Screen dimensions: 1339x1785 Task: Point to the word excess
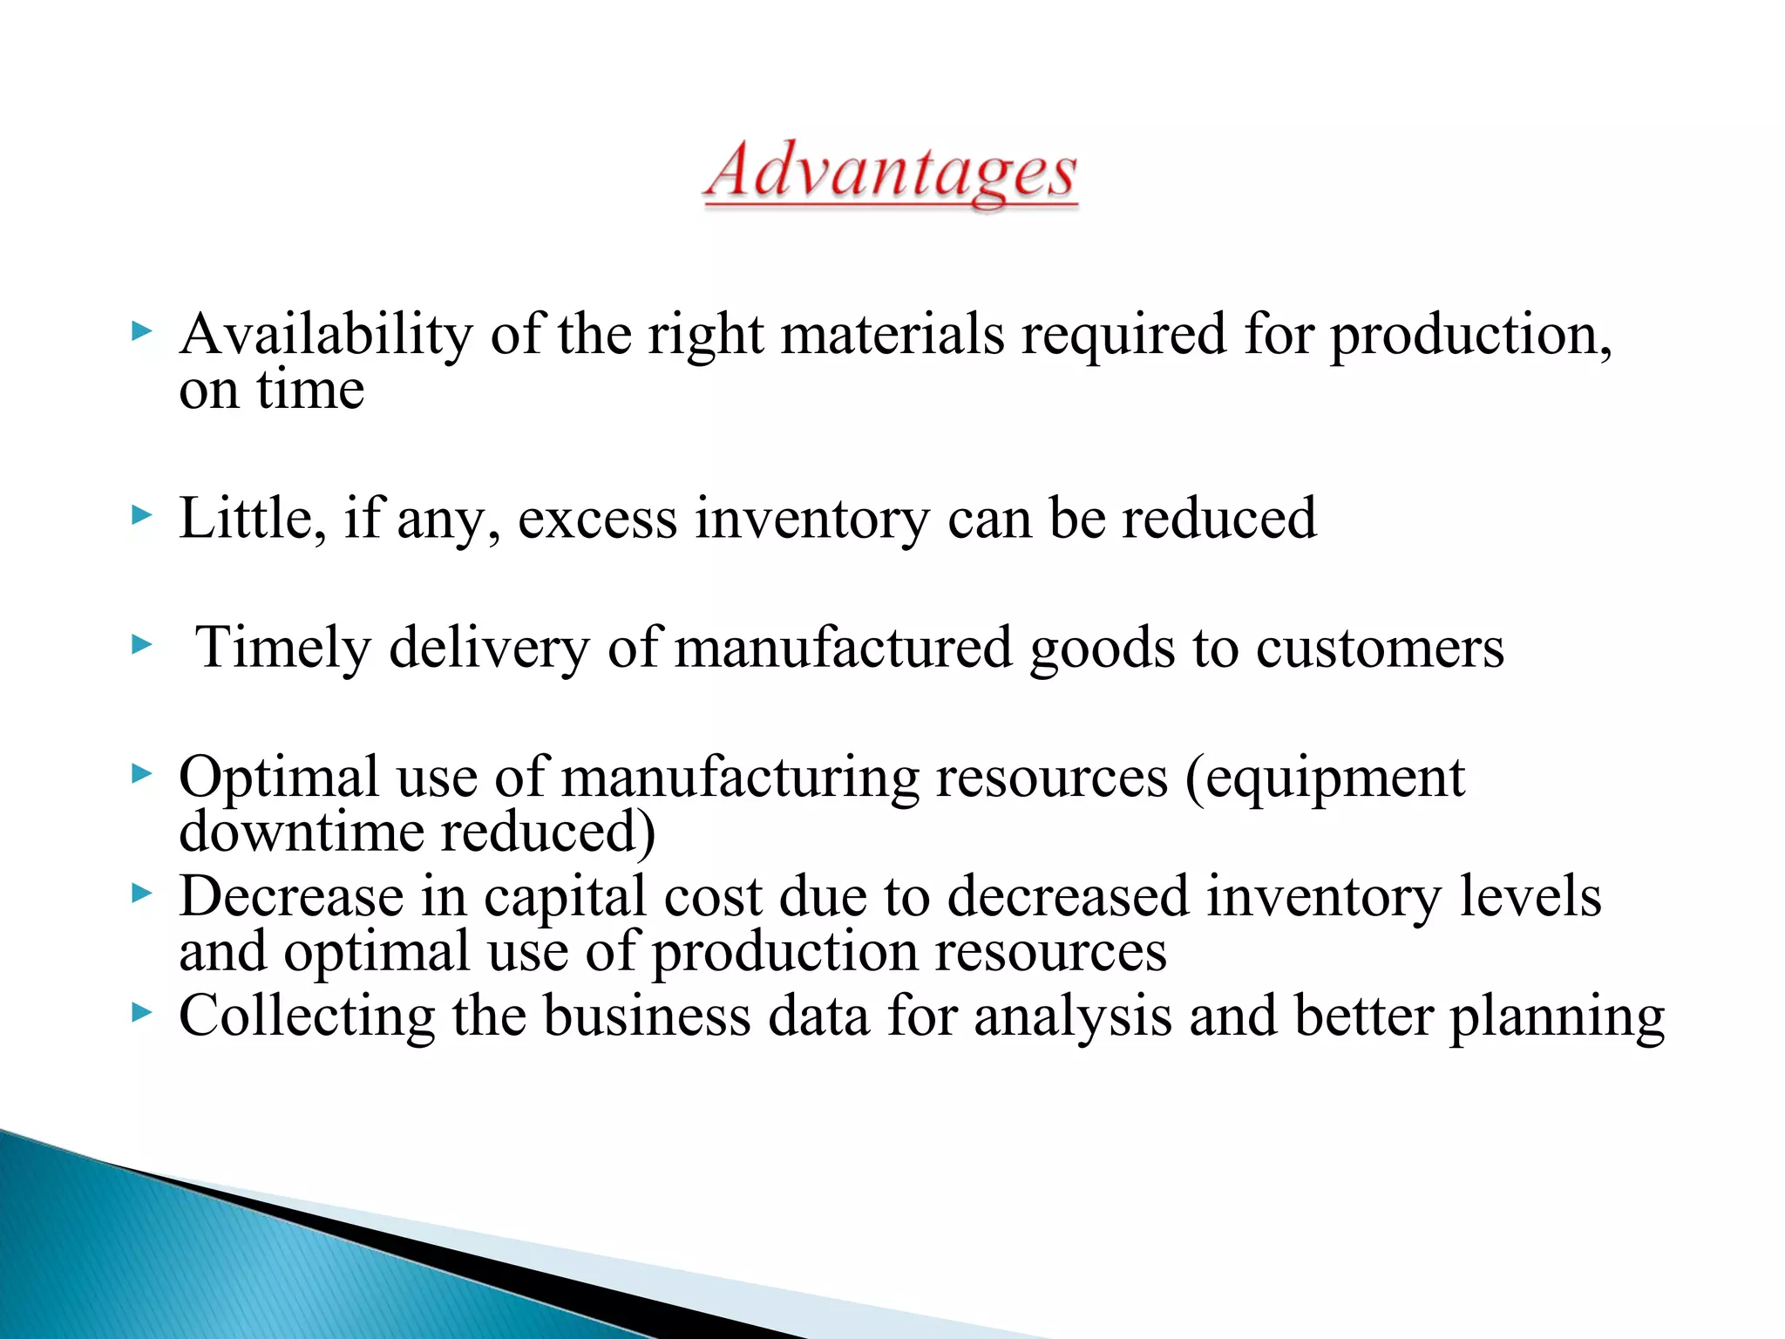click(x=597, y=520)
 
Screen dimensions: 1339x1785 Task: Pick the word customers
click(x=1380, y=649)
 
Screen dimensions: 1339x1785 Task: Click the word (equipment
click(x=1325, y=778)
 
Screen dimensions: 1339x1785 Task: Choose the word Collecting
click(x=307, y=1017)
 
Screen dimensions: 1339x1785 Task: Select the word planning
click(x=1557, y=1017)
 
